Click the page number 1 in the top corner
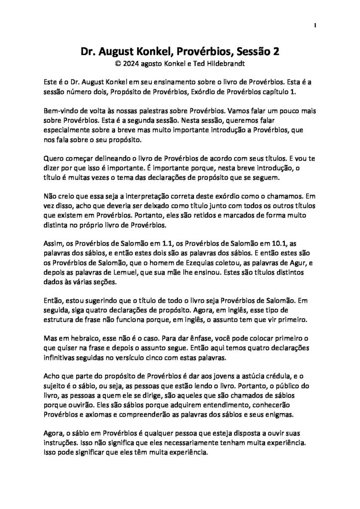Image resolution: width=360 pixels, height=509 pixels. coord(315,25)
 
